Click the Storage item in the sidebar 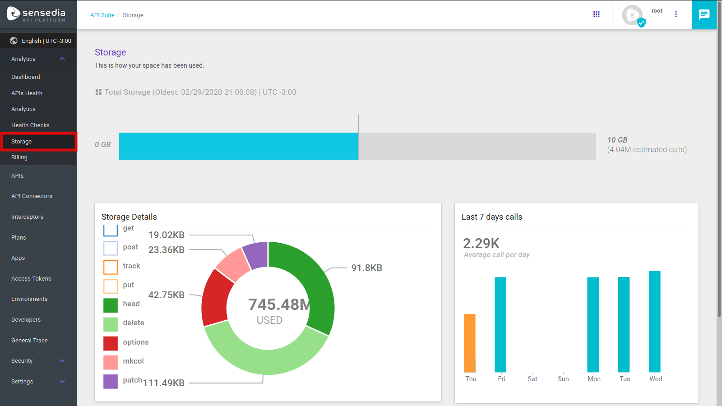22,142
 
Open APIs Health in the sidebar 27,93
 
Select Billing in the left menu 19,157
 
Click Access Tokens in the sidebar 31,279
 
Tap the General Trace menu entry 29,341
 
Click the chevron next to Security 62,361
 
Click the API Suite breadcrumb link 102,15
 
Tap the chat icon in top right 704,15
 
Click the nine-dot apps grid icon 596,14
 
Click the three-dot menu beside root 676,14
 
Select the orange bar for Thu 470,343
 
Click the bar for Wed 654,321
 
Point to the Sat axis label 532,379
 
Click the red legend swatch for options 111,343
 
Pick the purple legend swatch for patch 111,381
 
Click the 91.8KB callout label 366,268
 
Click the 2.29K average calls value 481,244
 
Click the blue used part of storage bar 238,146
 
